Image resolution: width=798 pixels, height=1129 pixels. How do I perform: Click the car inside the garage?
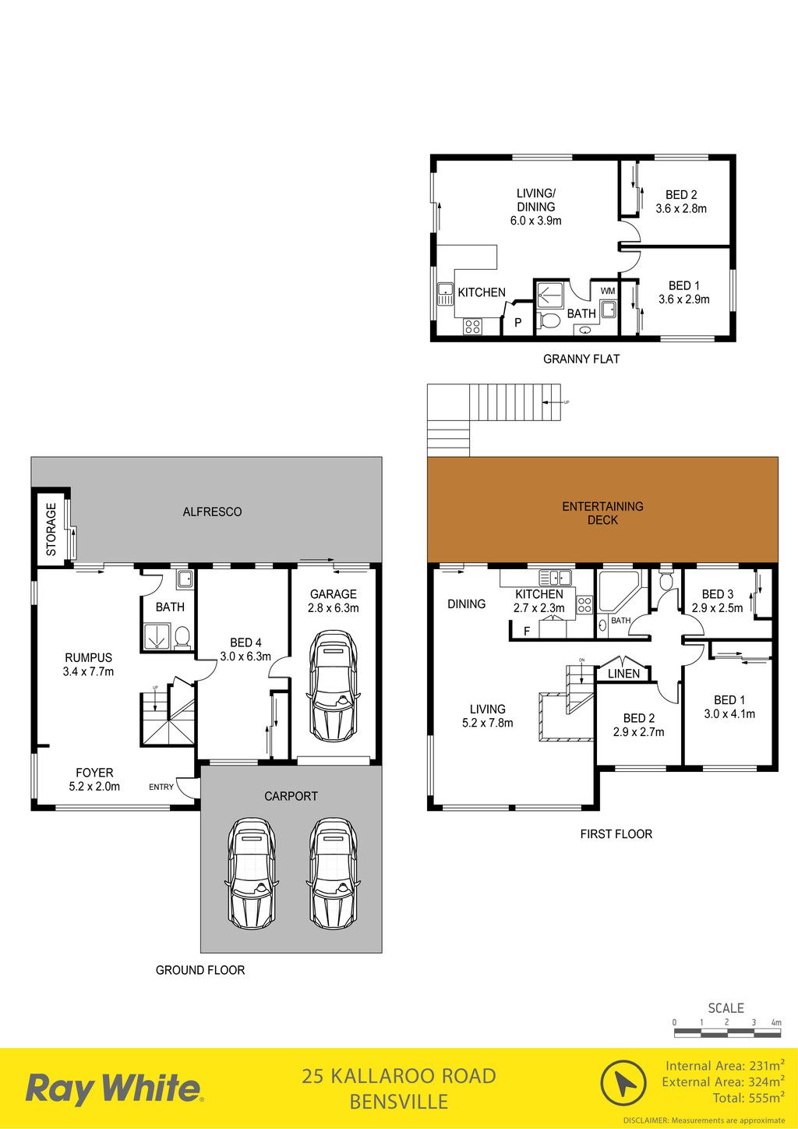[333, 685]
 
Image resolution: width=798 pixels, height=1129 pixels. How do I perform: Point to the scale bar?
[727, 1033]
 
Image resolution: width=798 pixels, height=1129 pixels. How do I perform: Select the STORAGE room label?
[51, 529]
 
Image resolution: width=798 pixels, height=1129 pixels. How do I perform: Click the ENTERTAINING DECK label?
[602, 512]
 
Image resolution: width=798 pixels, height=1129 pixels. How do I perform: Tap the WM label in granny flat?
[608, 292]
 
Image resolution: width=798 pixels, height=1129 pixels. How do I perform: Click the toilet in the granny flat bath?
[548, 320]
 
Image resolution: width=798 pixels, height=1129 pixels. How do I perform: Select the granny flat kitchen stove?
[472, 326]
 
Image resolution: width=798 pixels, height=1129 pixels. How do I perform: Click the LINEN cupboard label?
[623, 674]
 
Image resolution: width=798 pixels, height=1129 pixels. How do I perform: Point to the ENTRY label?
[161, 787]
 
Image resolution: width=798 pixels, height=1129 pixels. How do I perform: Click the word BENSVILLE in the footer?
[399, 1101]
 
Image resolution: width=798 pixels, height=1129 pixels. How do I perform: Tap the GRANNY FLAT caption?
[581, 359]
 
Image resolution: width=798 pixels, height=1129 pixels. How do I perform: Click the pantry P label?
[518, 323]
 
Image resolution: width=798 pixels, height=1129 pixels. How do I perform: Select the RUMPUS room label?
[88, 657]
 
